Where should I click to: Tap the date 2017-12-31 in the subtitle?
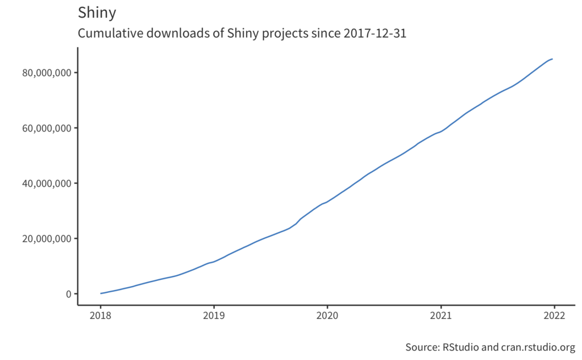coord(375,34)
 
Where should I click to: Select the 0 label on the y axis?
coord(68,294)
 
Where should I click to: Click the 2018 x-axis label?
coord(101,317)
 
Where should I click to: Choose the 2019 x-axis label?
coord(214,317)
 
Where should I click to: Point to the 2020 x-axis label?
coord(327,317)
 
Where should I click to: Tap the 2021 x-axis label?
coord(440,317)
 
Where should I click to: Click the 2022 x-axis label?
coord(554,317)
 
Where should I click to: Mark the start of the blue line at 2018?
coord(101,293)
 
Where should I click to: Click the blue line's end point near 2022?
coord(552,59)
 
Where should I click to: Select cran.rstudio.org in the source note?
coord(537,347)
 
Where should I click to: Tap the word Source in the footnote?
coord(420,347)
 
